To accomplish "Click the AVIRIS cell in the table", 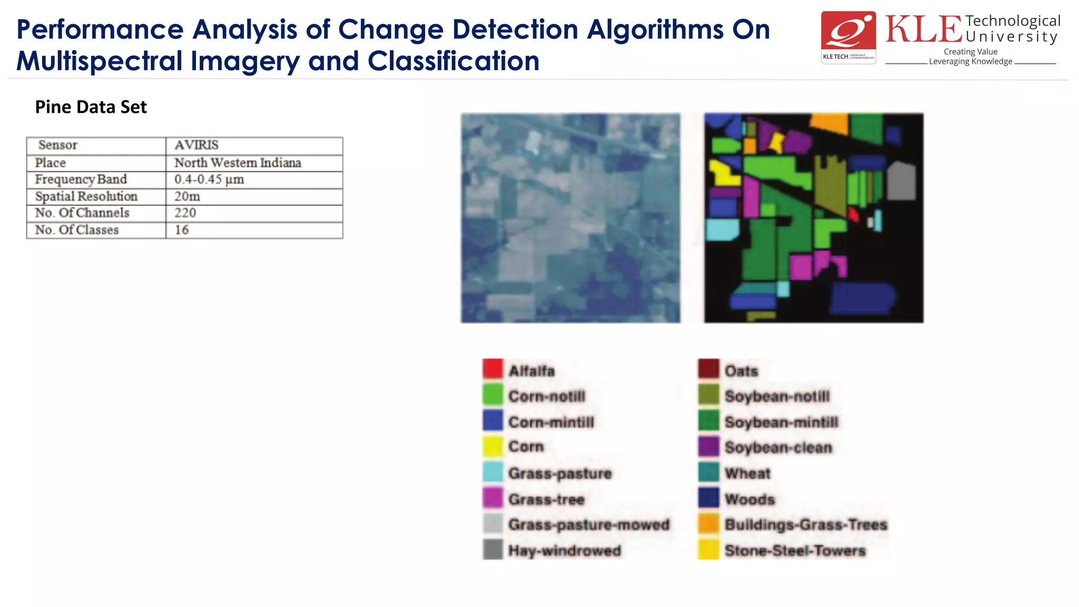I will pos(197,145).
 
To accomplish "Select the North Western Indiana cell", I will pos(238,163).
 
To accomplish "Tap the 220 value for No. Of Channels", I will pos(185,213).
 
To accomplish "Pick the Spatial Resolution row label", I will pos(86,197).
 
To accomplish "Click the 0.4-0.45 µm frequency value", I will pos(209,180).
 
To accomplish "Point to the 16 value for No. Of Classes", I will pos(182,230).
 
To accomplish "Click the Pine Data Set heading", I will pos(91,107).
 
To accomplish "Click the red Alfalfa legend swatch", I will pos(493,369).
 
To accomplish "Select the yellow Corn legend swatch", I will pos(493,446).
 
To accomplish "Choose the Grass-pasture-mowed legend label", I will pos(588,525).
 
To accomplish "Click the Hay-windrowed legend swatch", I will pos(493,550).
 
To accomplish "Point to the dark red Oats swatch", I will pos(709,369).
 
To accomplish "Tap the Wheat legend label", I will pos(747,474).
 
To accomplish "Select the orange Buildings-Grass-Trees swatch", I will pos(709,524).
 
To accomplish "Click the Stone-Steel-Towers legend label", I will pos(795,551).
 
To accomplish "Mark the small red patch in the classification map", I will pos(854,214).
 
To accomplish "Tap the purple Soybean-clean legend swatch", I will pos(709,446).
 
